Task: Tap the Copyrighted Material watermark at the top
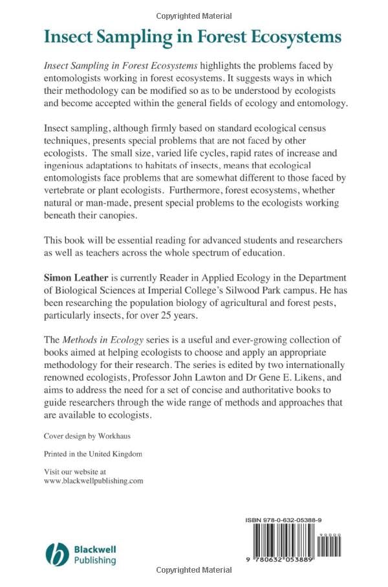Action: click(x=193, y=15)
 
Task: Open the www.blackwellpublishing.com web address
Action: click(x=93, y=481)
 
